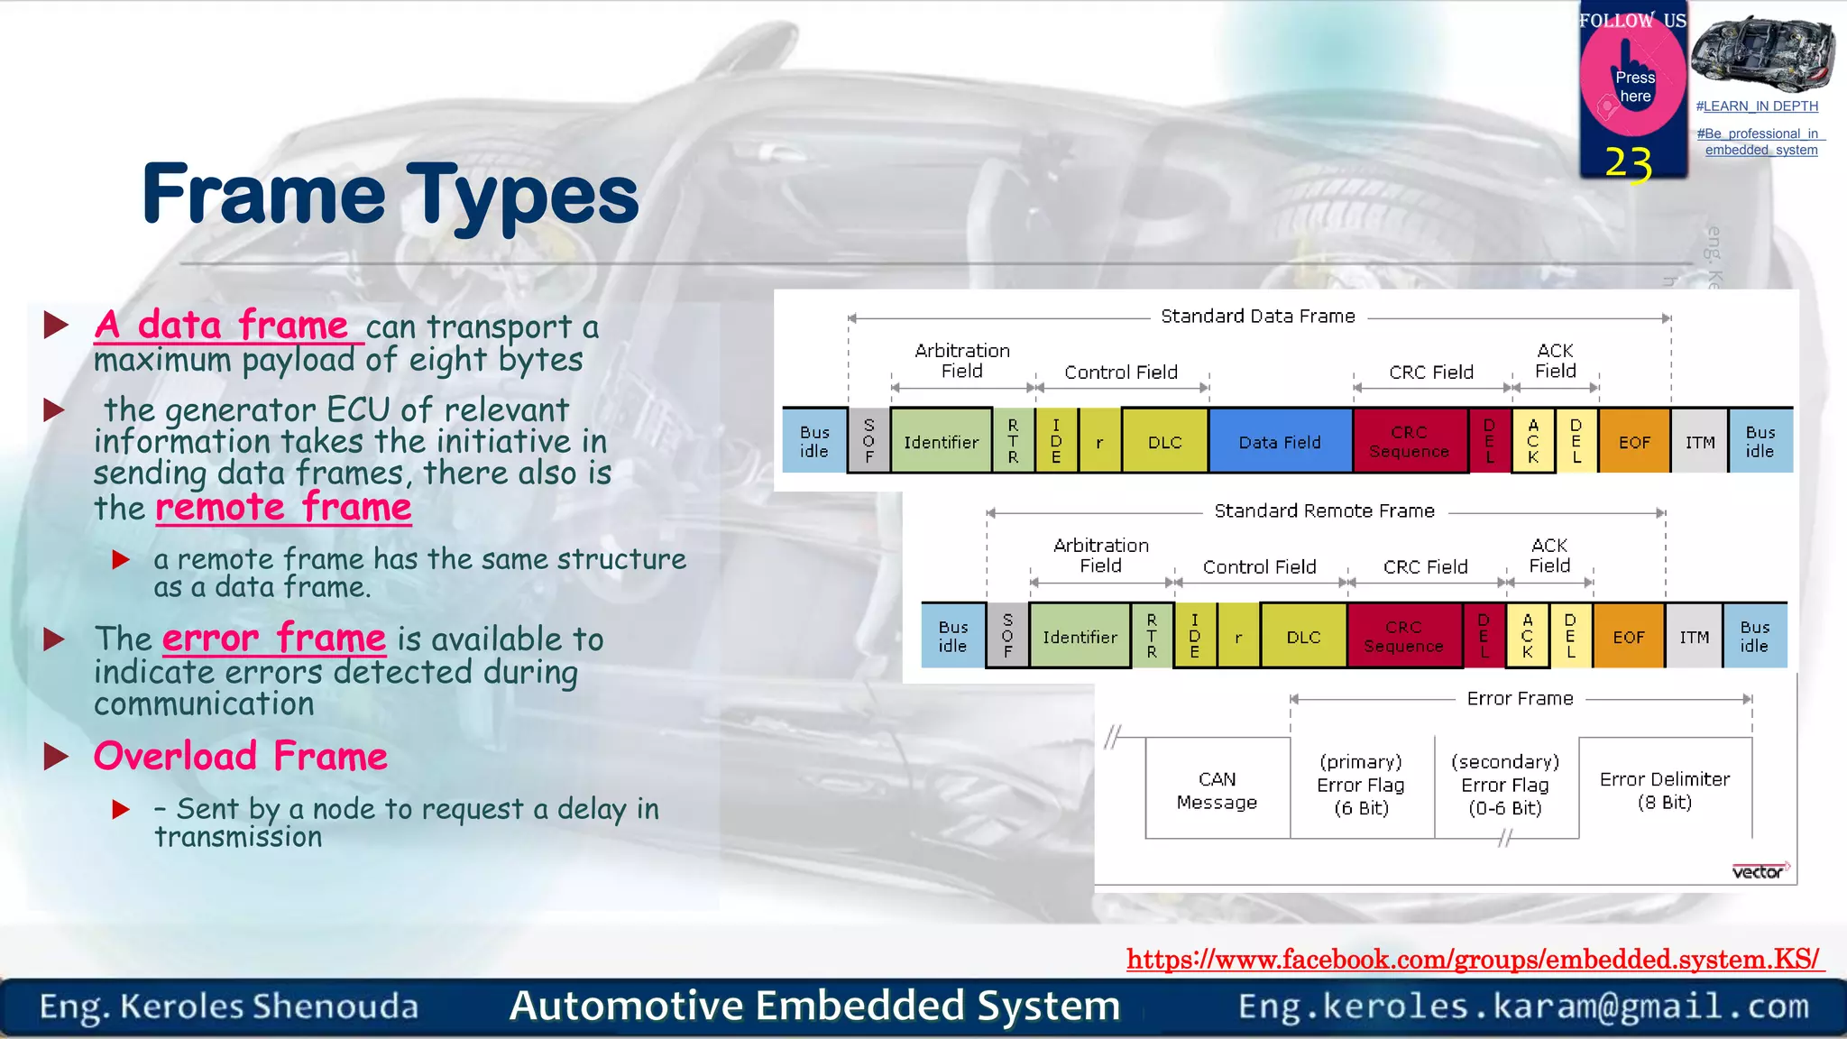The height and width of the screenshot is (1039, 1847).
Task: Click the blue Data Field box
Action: (x=1280, y=441)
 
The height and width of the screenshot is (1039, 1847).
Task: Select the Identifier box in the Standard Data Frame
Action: (x=941, y=441)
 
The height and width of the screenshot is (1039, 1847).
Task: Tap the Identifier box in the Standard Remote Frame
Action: (x=1080, y=637)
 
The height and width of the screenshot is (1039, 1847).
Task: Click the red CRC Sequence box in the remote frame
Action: (x=1403, y=637)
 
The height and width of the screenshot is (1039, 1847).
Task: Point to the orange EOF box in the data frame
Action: (x=1633, y=441)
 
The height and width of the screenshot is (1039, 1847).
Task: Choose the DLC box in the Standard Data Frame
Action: (x=1164, y=441)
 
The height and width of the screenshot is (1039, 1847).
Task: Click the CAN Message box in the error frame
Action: (x=1217, y=790)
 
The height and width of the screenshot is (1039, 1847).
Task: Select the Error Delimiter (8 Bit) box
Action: (x=1664, y=790)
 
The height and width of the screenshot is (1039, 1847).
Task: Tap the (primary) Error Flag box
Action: (x=1361, y=785)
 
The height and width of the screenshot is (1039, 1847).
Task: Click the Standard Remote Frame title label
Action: (x=1324, y=511)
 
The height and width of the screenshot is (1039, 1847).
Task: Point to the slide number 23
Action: (x=1628, y=164)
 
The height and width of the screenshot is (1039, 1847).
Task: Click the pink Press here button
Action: (x=1633, y=86)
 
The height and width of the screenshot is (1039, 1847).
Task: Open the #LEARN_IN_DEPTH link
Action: (x=1757, y=106)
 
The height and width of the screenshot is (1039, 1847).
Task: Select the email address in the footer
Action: (x=1523, y=1006)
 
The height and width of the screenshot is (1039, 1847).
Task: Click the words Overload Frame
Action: (x=241, y=756)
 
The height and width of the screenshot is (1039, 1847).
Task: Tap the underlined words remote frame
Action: (x=283, y=508)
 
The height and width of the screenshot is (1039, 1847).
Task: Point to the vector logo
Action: (x=1759, y=871)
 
